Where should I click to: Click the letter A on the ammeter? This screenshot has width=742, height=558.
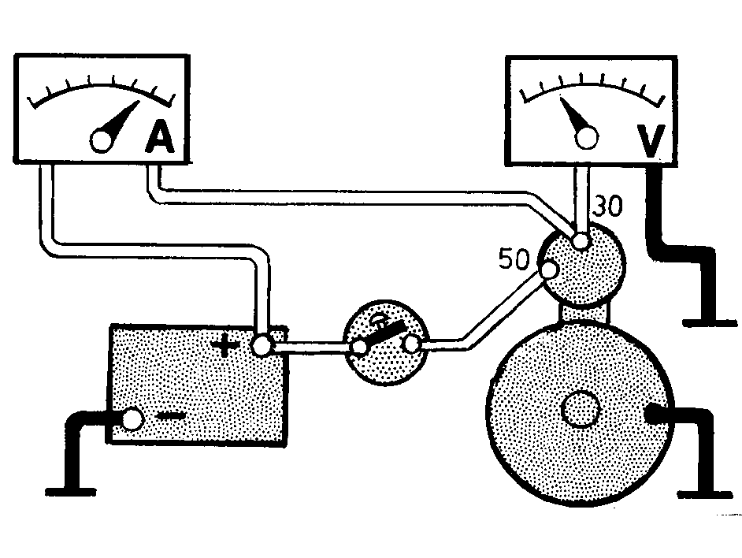[159, 136]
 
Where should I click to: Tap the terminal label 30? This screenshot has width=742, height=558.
[608, 206]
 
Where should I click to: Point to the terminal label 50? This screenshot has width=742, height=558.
[514, 259]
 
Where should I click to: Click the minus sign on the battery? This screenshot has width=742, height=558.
[170, 416]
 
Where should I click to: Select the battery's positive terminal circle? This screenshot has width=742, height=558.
[262, 346]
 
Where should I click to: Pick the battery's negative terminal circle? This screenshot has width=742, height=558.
[132, 419]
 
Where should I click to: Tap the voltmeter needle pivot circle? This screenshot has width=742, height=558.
[587, 137]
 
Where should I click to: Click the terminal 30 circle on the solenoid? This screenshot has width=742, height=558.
[581, 242]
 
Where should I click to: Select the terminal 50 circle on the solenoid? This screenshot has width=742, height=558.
[550, 271]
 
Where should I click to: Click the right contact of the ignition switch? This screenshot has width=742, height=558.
[411, 345]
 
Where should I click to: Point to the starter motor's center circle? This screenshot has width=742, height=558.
[581, 409]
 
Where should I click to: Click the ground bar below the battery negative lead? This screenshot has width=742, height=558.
[71, 493]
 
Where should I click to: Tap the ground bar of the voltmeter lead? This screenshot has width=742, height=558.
[710, 323]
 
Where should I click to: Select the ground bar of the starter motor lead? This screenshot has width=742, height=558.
[705, 494]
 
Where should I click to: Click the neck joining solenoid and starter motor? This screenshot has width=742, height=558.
[584, 314]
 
